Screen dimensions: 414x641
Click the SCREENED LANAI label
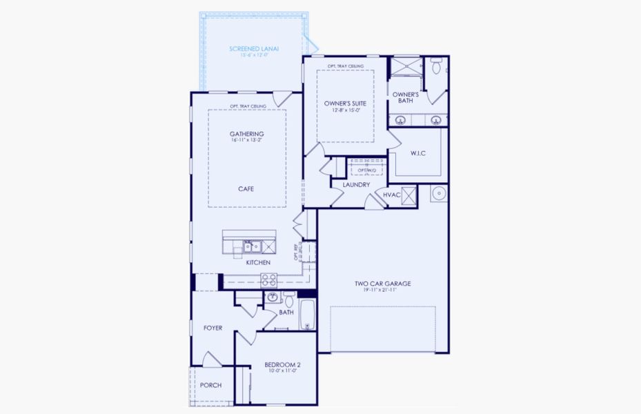point(253,49)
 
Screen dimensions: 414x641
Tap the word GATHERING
point(247,134)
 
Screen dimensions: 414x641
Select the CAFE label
point(246,188)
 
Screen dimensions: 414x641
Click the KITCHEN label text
point(257,263)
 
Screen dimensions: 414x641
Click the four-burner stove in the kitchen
point(268,279)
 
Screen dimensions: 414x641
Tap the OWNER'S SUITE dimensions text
point(345,110)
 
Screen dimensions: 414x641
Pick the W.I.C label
point(418,153)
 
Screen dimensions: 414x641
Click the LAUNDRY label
point(356,185)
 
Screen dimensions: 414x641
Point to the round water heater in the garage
point(438,193)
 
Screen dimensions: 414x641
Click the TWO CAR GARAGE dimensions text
point(382,290)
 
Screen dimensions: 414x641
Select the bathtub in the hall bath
point(307,315)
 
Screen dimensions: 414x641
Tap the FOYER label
point(213,328)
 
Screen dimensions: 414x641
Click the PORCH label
point(210,385)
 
